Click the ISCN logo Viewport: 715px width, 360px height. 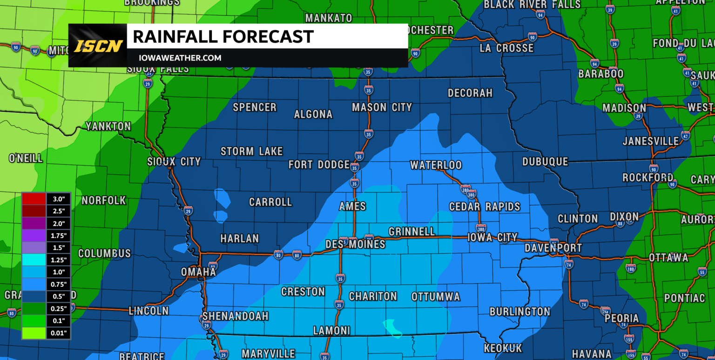(98, 46)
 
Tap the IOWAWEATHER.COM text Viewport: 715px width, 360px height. (180, 58)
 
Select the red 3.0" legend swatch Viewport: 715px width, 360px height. (34, 199)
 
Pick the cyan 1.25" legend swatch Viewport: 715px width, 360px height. (34, 259)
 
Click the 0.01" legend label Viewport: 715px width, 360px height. (59, 333)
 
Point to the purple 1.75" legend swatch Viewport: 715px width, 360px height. (34, 235)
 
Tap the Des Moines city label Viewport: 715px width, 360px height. (355, 244)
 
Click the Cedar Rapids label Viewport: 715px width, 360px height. (484, 207)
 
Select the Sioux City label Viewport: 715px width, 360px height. (174, 162)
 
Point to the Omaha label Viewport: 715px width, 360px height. (199, 272)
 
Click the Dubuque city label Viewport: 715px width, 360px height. (545, 162)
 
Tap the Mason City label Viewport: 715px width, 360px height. (382, 108)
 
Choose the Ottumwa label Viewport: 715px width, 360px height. (436, 297)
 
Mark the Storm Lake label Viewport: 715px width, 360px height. (251, 151)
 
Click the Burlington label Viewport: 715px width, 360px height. (519, 311)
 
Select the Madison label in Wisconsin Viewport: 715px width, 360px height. (624, 108)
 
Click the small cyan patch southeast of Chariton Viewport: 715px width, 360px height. (392, 327)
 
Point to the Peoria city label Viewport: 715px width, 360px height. (622, 319)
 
